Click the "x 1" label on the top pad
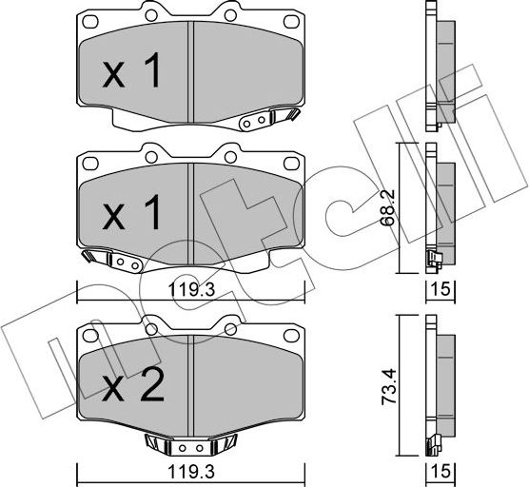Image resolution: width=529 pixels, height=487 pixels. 130,74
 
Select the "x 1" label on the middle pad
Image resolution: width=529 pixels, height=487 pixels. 130,217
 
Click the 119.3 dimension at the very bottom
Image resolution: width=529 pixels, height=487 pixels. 189,469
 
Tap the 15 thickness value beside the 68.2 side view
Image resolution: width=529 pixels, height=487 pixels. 441,289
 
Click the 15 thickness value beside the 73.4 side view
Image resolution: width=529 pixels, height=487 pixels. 441,469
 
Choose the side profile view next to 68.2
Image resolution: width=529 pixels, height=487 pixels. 440,209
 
